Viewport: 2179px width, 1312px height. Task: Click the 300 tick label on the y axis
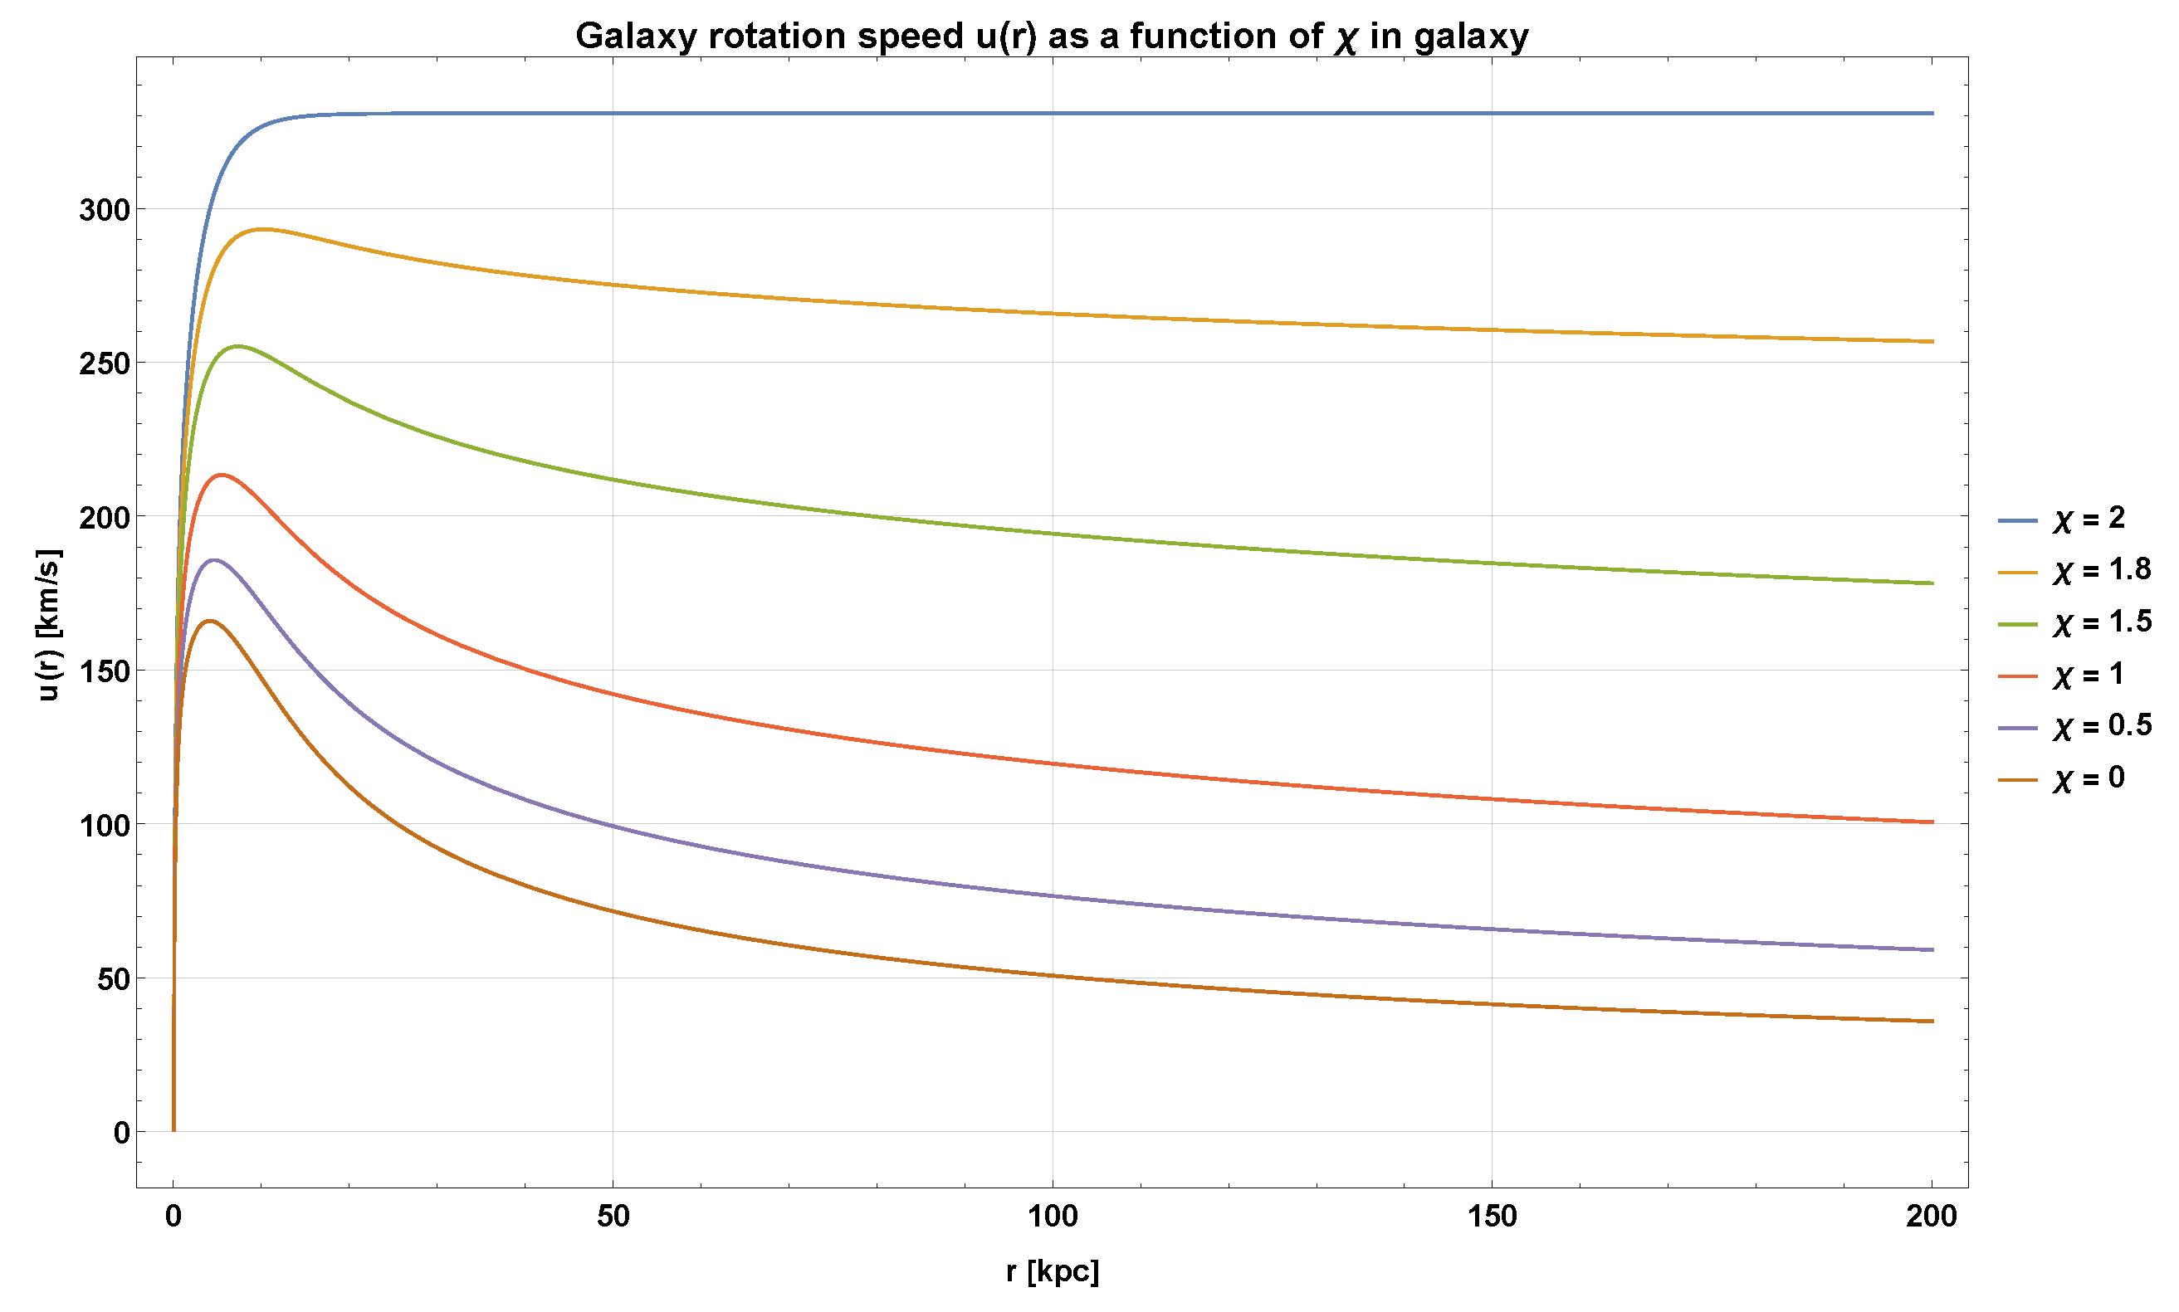[x=105, y=211]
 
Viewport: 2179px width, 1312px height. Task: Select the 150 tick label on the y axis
[x=105, y=672]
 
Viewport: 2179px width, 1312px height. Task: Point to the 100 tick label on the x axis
[x=1053, y=1217]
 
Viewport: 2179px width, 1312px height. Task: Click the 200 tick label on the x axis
[x=1932, y=1217]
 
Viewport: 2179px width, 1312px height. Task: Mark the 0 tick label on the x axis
[x=173, y=1217]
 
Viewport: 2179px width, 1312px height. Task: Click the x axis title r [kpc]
[x=1053, y=1271]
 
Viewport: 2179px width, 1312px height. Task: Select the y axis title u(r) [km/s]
[x=49, y=625]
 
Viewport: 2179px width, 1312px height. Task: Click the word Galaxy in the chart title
[x=636, y=37]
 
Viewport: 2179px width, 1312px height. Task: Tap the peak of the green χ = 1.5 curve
[x=237, y=346]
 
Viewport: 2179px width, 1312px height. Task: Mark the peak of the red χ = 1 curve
[x=222, y=475]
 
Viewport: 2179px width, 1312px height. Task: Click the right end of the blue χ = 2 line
[x=1932, y=113]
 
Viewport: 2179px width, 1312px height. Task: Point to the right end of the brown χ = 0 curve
[x=1932, y=1021]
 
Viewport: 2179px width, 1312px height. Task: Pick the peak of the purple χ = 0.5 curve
[x=214, y=559]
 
